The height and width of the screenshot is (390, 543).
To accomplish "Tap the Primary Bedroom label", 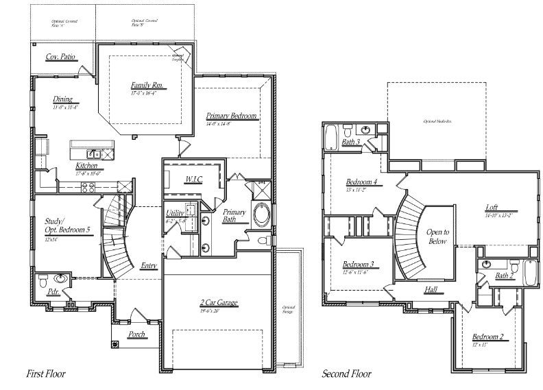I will (x=232, y=117).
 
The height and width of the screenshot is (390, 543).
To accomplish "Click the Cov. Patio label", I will (x=60, y=57).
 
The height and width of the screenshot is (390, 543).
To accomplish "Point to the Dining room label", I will (x=62, y=99).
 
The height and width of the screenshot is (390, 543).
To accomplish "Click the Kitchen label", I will (x=86, y=166).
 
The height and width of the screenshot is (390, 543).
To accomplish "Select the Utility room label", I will (x=175, y=213).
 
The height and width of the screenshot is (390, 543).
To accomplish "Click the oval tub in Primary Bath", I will (x=261, y=215).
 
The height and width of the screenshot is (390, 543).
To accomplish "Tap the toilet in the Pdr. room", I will (x=44, y=280).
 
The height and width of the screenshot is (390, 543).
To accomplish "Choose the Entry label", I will (x=148, y=266).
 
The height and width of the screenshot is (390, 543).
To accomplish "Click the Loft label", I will (x=492, y=208).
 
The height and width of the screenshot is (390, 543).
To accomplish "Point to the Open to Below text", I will (x=437, y=236).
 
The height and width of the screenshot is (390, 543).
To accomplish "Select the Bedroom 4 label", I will (x=361, y=182).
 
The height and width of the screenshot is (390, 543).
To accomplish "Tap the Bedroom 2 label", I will (x=487, y=337).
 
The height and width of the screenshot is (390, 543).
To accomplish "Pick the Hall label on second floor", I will (x=431, y=290).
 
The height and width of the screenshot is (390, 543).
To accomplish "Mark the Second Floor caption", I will (x=348, y=374).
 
